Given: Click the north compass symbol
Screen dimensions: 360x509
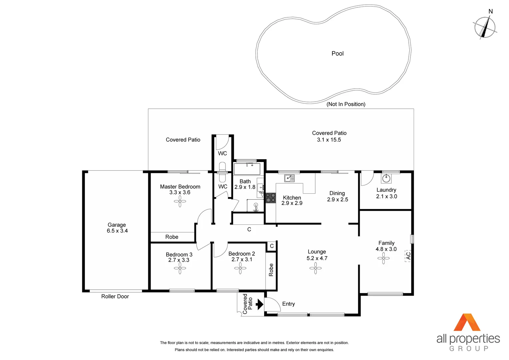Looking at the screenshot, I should pos(485,27).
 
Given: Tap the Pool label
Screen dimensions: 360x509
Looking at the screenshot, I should pos(337,54).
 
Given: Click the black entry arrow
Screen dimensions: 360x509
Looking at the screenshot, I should pos(259,304).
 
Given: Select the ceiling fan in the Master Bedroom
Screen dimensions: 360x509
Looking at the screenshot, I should pos(180,201).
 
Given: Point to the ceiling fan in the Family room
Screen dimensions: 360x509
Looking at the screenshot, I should pos(383,258).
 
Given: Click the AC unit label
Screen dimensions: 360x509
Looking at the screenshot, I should pos(408,256).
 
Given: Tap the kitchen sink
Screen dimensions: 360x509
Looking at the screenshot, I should pos(289,178).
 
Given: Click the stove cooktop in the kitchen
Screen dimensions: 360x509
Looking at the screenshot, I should pos(270,198).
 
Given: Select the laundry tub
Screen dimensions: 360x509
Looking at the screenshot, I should pos(386,178).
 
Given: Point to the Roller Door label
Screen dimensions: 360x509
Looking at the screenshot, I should pos(115,296).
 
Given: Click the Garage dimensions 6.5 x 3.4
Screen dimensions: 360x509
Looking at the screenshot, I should pos(117,231).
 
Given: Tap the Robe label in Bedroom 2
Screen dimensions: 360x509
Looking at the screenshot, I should pos(271,270).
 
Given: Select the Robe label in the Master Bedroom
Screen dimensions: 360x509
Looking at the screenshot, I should pos(172,237).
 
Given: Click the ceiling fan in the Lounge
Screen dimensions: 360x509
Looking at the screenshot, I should pos(315,268).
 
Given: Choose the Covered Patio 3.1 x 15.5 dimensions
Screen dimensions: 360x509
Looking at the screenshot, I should pos(329,140).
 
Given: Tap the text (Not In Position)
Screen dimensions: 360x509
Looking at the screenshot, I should pos(346,104).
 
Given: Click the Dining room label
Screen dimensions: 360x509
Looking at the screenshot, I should pos(337,193).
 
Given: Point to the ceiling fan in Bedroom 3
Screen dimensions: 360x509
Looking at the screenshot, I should pos(180,268).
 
